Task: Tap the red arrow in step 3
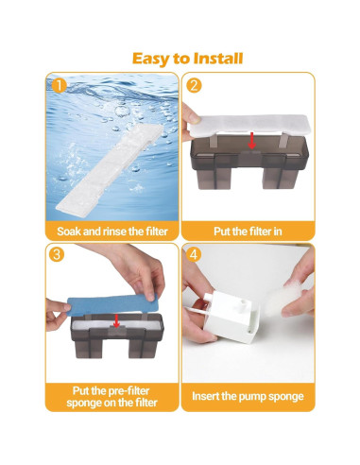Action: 115,320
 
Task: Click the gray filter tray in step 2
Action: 248,170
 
